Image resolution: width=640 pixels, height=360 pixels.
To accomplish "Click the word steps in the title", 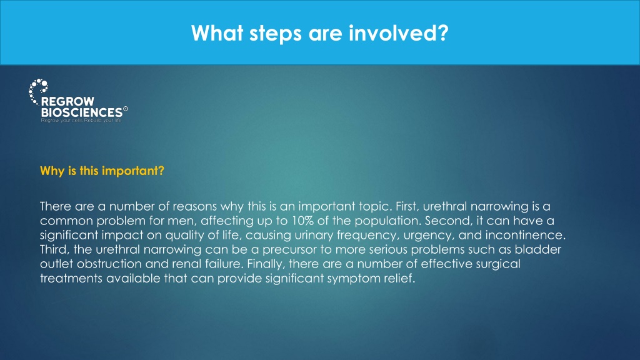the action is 276,34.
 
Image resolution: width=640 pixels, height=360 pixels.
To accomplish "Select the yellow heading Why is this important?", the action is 102,171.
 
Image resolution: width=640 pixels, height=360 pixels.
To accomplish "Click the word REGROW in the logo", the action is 67,101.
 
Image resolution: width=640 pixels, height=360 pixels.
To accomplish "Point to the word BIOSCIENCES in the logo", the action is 82,112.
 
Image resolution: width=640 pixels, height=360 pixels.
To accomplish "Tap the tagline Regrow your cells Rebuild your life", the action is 81,121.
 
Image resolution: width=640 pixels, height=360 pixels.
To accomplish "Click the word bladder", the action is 538,249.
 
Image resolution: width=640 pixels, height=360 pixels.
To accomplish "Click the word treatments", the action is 71,278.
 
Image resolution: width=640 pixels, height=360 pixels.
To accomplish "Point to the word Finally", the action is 265,264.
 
